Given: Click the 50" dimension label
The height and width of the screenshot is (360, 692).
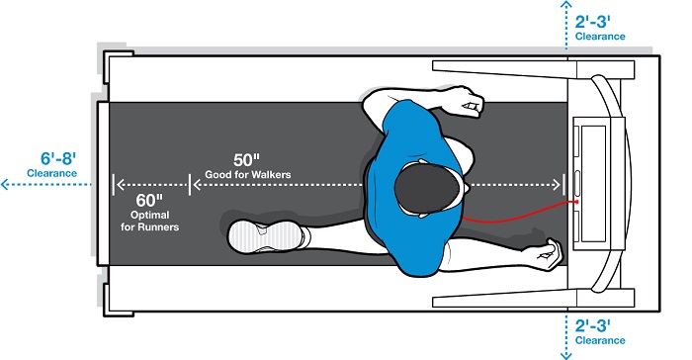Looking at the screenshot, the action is pos(246,159).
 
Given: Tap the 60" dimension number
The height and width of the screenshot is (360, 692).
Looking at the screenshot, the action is pos(149,201).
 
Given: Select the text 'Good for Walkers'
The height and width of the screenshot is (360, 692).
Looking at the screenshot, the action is pos(248,174).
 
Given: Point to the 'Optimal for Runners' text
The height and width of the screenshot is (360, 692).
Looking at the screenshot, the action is pos(150,221).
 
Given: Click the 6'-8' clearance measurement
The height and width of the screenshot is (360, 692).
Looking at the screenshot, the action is pos(58,158).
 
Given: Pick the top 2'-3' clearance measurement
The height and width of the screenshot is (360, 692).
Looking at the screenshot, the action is pos(593,22).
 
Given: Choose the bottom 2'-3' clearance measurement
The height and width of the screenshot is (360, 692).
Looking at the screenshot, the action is pos(593,326).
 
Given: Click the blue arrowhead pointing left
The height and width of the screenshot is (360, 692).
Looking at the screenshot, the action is pos(5,184).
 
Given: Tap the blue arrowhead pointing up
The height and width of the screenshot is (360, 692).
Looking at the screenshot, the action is pos(566,4).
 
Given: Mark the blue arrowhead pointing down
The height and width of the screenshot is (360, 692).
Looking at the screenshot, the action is pos(566,355).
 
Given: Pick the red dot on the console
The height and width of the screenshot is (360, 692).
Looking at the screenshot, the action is pos(576,202).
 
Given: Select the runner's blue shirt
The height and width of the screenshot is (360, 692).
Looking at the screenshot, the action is pos(413,188).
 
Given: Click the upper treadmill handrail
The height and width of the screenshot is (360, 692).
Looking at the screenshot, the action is pos(533,69).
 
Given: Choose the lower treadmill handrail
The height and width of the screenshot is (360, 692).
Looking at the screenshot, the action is pos(533,298).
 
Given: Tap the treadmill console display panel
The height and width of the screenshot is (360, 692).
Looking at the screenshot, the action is pos(593,184).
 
